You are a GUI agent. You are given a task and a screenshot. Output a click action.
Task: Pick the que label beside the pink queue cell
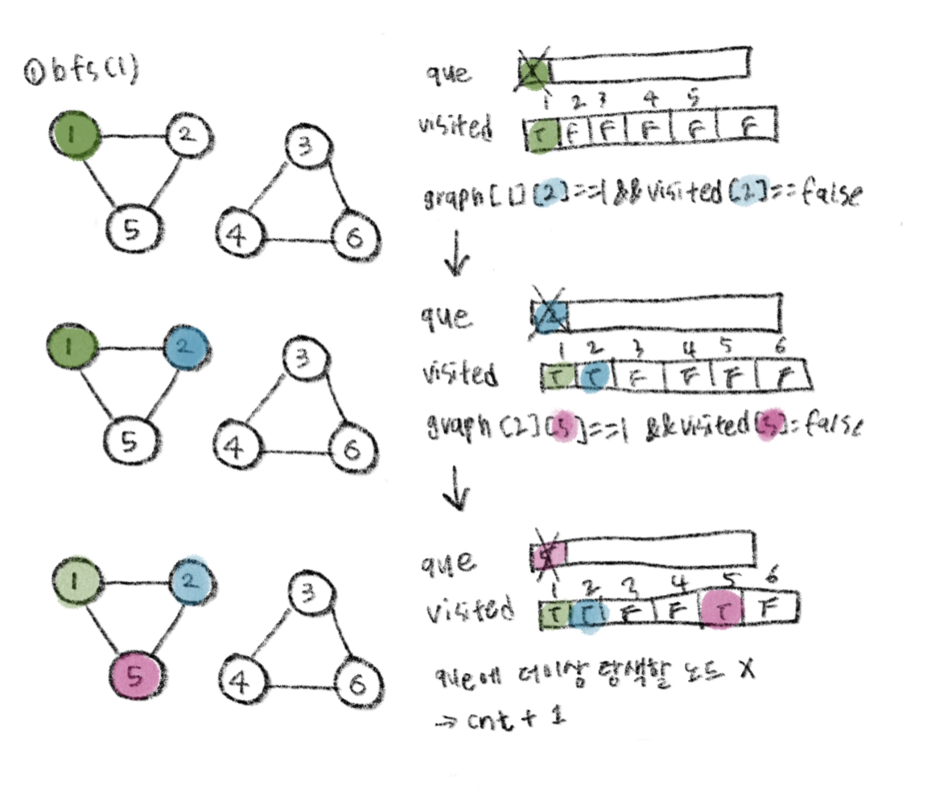[x=446, y=561]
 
